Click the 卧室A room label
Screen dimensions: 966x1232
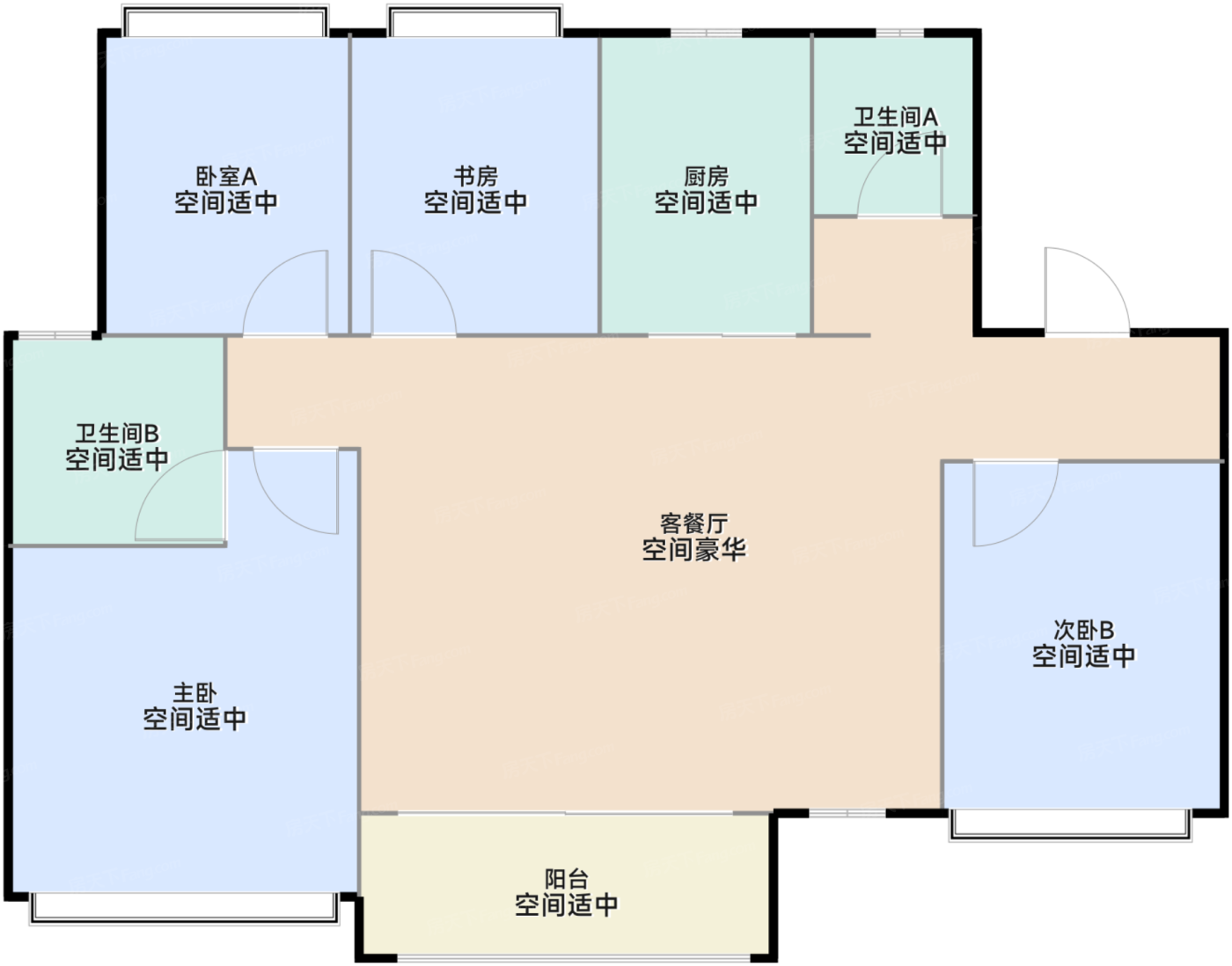(226, 177)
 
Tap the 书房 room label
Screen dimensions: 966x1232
(475, 177)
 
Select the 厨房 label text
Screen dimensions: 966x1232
(706, 177)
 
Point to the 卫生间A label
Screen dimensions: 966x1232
(895, 117)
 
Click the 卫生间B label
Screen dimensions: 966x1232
(116, 434)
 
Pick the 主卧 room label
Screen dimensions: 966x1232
(194, 693)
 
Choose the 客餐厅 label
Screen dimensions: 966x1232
(693, 524)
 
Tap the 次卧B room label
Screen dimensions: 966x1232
(1083, 631)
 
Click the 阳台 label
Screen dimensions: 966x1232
(566, 879)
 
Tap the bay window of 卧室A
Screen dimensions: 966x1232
(224, 23)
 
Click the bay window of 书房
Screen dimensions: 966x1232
(474, 23)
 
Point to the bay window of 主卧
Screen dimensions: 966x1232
(184, 908)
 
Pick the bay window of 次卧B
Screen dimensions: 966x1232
(1070, 823)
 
